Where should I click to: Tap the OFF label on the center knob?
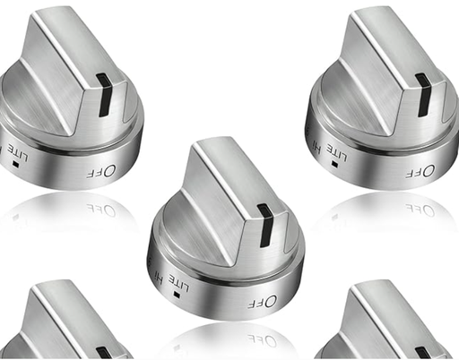click(258, 303)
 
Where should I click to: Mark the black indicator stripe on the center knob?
click(266, 225)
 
